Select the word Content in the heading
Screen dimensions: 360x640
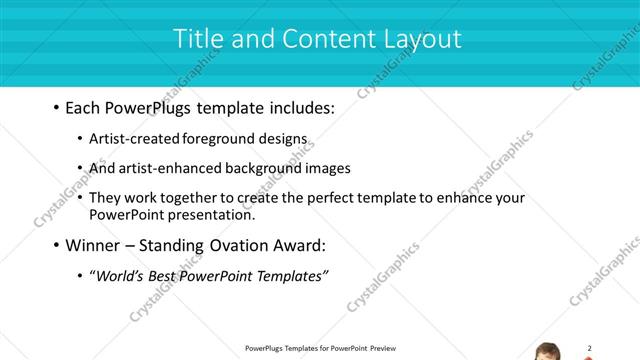pyautogui.click(x=316, y=39)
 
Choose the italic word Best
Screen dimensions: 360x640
pyautogui.click(x=166, y=276)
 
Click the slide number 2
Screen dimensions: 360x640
pyautogui.click(x=589, y=348)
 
